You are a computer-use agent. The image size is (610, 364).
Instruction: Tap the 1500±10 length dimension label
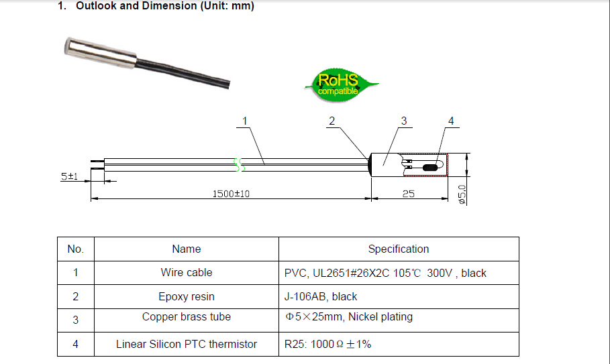pos(231,193)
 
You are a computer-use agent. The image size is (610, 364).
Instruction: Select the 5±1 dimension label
pos(69,176)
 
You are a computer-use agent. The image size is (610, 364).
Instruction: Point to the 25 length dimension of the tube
pos(408,193)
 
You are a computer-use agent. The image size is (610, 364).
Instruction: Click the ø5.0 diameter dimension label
pos(462,194)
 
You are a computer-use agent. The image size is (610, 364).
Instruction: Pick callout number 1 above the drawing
pos(244,121)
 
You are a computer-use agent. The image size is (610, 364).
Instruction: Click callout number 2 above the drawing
pos(332,121)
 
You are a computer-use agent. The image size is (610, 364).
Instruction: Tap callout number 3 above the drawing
pos(403,121)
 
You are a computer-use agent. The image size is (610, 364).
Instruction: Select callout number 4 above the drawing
pos(450,121)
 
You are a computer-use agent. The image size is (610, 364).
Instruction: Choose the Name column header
pos(186,249)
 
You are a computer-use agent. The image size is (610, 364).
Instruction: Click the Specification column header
pos(398,249)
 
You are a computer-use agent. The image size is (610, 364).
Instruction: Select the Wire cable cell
pos(186,273)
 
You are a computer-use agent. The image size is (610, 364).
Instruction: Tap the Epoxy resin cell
pos(186,296)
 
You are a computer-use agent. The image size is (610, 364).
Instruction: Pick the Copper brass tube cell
pos(186,317)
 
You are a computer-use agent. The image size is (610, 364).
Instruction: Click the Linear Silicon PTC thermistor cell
pos(186,344)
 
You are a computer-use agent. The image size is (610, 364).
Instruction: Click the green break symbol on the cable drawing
pos(237,164)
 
